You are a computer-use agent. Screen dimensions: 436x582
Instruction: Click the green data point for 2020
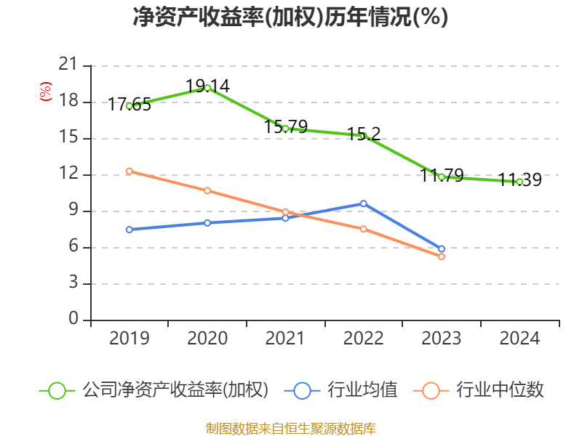click(207, 88)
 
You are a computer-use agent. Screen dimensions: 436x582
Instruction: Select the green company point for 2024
click(519, 182)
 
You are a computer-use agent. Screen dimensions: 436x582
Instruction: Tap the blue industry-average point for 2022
click(363, 203)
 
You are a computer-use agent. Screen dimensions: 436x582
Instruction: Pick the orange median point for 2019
click(129, 171)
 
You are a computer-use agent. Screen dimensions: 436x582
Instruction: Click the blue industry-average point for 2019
click(129, 230)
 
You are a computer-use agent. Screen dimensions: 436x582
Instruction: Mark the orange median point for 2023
click(442, 257)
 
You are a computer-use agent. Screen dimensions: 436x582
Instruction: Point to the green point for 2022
click(363, 136)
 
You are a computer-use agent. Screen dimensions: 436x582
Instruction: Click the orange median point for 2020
click(207, 190)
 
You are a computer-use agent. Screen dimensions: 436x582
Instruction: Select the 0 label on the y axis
click(73, 320)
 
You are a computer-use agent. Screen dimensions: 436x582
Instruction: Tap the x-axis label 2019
click(129, 339)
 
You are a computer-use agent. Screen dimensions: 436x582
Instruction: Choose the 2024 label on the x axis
click(519, 339)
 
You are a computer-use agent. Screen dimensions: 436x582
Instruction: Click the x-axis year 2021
click(285, 339)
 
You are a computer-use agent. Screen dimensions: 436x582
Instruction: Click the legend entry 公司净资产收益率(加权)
click(175, 390)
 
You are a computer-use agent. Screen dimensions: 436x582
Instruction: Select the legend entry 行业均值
click(362, 390)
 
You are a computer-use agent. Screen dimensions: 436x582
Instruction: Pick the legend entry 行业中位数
click(499, 390)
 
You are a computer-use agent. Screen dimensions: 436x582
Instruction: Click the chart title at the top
click(290, 17)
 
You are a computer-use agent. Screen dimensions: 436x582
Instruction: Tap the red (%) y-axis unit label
click(46, 92)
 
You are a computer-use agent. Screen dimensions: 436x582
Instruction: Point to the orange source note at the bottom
click(290, 428)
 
